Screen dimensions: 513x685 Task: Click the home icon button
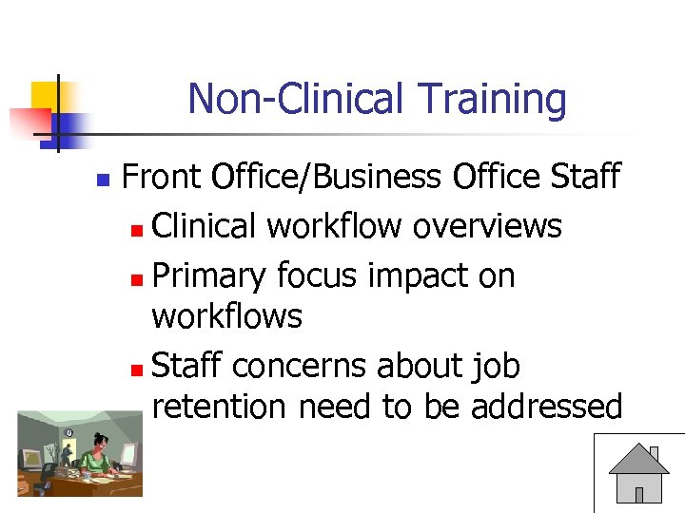(638, 474)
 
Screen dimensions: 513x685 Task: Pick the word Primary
(209, 276)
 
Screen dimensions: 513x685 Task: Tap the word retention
(219, 407)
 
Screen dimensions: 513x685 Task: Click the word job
(495, 367)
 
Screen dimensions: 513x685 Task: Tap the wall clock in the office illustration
(68, 433)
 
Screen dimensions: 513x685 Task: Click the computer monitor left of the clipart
(30, 459)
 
